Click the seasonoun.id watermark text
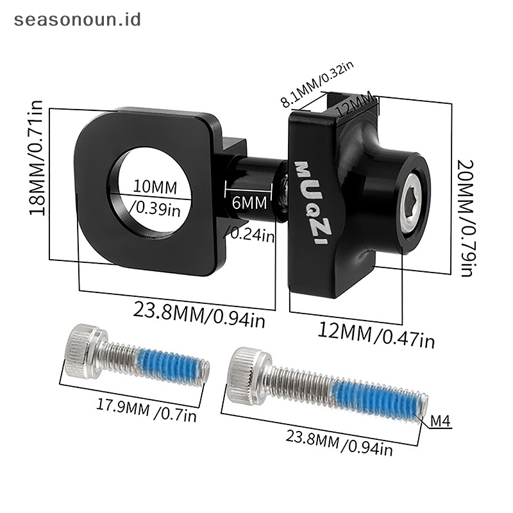click(x=78, y=20)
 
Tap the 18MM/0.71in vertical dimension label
click(x=37, y=158)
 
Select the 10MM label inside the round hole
click(x=155, y=187)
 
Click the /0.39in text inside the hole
click(x=155, y=208)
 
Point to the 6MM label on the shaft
click(x=249, y=203)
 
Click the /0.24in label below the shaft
click(x=249, y=234)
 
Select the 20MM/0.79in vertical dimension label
click(x=466, y=218)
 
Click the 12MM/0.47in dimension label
click(x=376, y=335)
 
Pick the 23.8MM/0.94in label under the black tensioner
click(x=199, y=314)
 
